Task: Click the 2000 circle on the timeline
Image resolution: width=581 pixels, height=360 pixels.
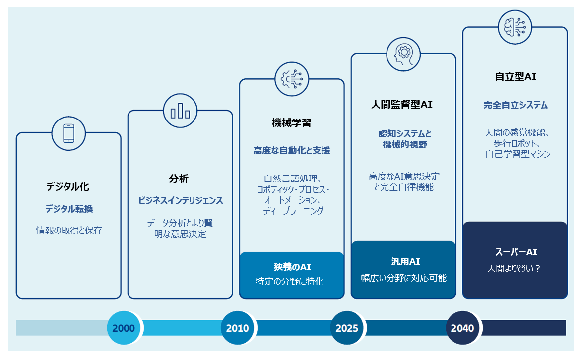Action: (124, 328)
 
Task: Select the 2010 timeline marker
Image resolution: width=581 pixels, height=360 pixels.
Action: (237, 328)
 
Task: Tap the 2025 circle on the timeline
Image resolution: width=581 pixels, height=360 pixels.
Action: (347, 328)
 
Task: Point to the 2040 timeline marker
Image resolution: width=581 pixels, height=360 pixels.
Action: (462, 328)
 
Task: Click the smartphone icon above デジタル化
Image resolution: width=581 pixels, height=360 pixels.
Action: (68, 132)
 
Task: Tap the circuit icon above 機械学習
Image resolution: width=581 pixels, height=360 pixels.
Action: (292, 79)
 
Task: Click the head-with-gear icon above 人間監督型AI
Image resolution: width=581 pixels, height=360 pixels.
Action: (403, 53)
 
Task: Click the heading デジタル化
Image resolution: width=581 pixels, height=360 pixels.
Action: (68, 187)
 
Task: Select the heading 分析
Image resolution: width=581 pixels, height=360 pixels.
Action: (180, 179)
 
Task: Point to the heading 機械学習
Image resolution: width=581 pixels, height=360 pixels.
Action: (292, 123)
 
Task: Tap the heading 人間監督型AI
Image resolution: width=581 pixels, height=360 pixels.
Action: (403, 105)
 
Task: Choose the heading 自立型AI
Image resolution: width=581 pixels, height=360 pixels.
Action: (515, 77)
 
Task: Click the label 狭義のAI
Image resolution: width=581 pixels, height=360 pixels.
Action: (292, 267)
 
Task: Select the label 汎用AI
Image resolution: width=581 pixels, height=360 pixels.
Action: (403, 261)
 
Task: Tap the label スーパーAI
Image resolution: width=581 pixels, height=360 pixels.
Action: (515, 252)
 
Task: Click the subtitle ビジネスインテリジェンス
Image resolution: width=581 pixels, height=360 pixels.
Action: (180, 200)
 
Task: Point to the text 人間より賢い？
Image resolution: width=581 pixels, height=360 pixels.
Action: (515, 268)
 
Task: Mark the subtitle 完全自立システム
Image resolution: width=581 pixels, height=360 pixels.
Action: (515, 105)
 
